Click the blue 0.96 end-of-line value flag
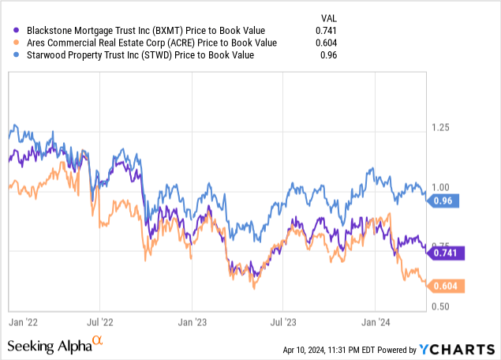click(x=447, y=201)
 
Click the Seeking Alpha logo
click(x=55, y=346)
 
